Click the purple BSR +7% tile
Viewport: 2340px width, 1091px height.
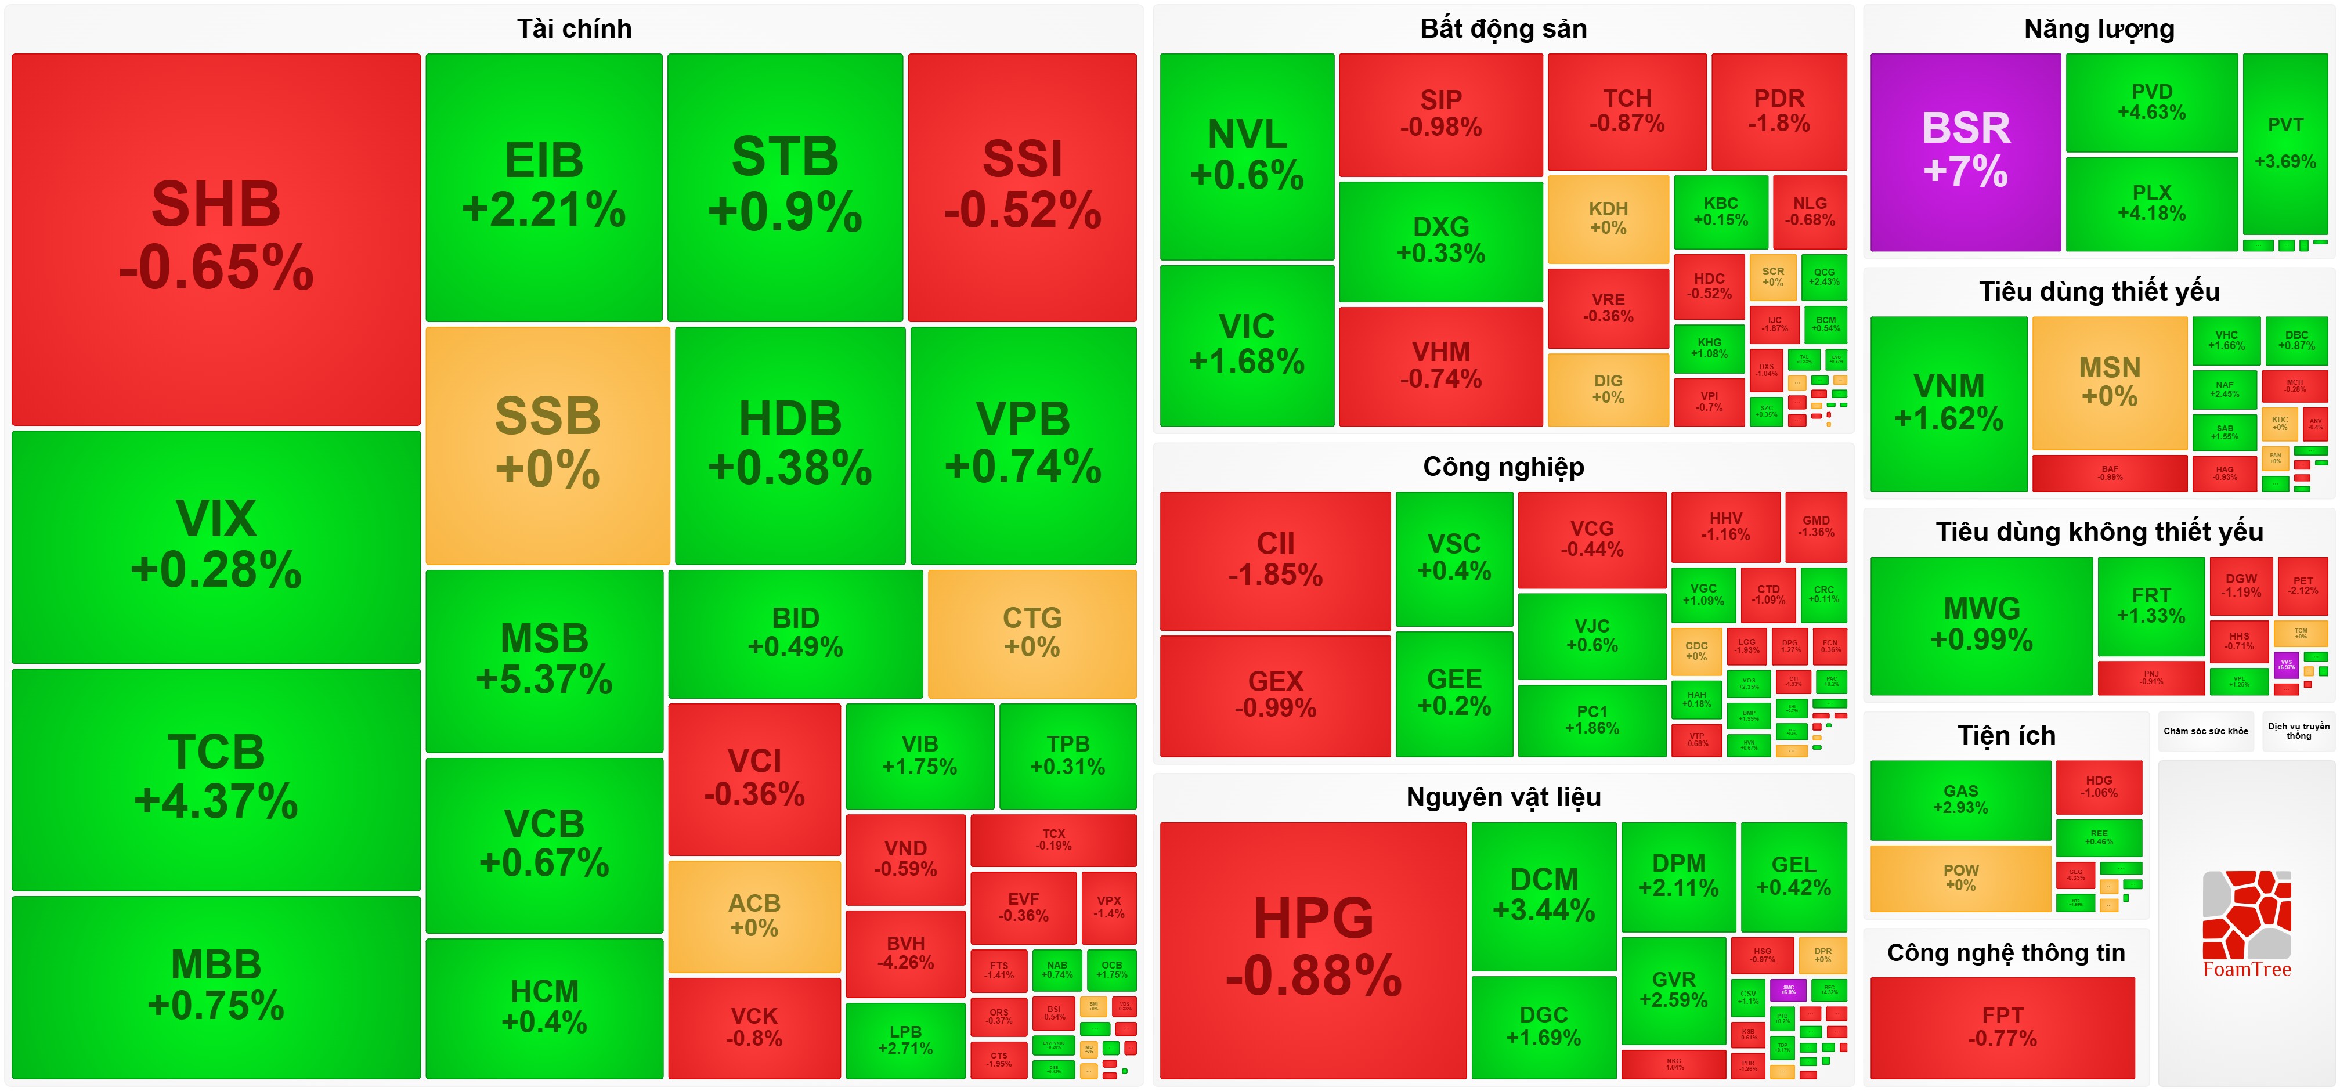[1965, 151]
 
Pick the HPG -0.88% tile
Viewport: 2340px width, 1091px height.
[1313, 948]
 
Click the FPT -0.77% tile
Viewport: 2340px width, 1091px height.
[2002, 1027]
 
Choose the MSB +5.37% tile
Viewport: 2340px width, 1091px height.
[544, 659]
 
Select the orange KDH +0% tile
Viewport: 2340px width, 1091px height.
[1608, 218]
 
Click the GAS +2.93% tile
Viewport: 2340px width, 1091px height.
[1960, 800]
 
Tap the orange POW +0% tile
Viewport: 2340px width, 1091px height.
[1960, 877]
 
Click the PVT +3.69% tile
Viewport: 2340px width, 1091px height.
[2285, 143]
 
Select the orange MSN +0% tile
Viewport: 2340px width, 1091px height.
[2109, 381]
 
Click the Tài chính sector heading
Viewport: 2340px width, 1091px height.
[574, 28]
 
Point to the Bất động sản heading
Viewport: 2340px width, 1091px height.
[1503, 28]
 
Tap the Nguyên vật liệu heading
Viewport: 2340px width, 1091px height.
[1503, 797]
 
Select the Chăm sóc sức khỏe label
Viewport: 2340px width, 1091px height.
[2205, 731]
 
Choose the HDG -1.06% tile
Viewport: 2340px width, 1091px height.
[2099, 787]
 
